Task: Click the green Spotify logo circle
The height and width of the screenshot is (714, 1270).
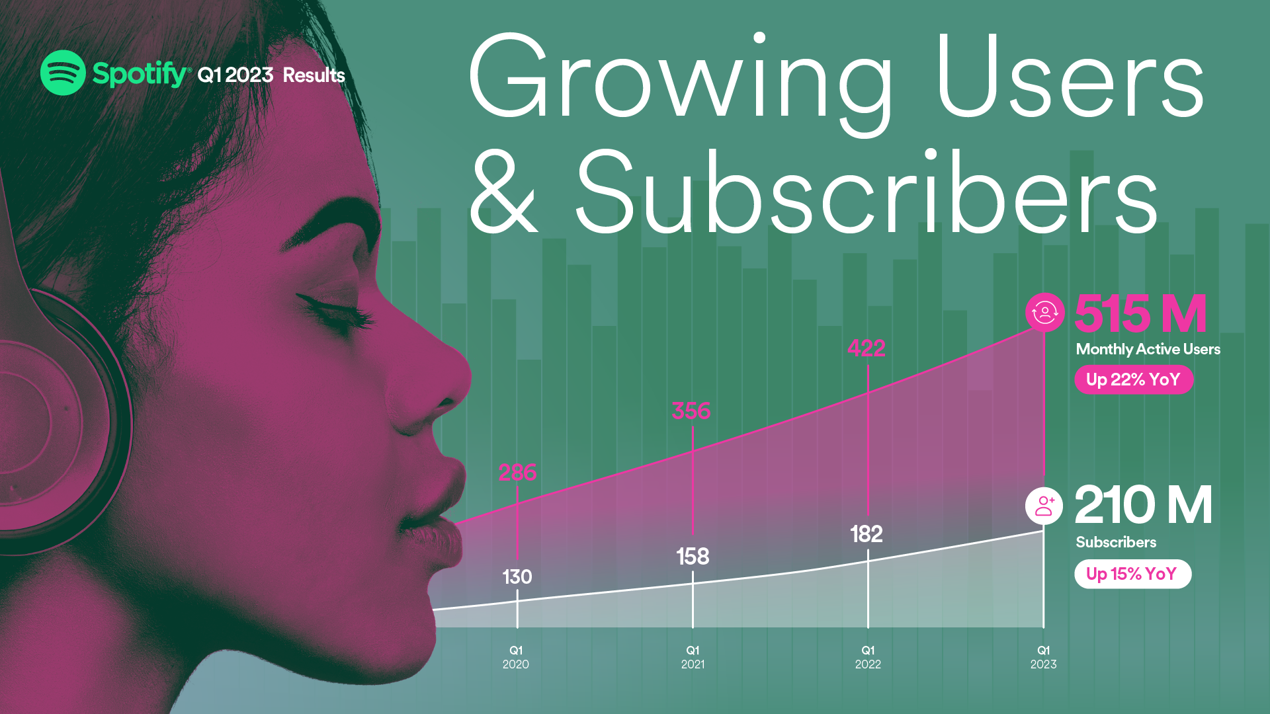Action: coord(63,73)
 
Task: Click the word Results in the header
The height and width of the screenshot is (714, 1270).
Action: coord(314,75)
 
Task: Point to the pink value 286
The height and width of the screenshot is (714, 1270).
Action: coord(517,473)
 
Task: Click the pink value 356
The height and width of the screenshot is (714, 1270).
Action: coord(691,411)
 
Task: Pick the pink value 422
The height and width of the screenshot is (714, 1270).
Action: coord(867,348)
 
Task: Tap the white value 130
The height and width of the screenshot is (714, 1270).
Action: coord(517,577)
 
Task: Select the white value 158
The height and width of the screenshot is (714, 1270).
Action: coord(693,557)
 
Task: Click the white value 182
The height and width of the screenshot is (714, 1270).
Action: coord(867,534)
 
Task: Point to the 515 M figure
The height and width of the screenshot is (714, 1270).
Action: coord(1141,313)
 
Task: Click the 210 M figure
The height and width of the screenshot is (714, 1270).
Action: coord(1144,505)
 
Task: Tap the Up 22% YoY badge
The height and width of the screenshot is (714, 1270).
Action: coord(1134,379)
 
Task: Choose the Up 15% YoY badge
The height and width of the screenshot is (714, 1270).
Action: coord(1133,574)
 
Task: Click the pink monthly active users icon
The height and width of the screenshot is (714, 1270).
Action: coord(1045,312)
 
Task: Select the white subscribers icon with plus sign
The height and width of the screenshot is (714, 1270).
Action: coord(1044,506)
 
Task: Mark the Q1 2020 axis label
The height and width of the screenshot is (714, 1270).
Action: coord(516,657)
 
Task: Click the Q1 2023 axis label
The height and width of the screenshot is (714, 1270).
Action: coord(1043,657)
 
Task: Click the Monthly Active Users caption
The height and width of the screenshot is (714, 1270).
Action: coord(1148,349)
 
